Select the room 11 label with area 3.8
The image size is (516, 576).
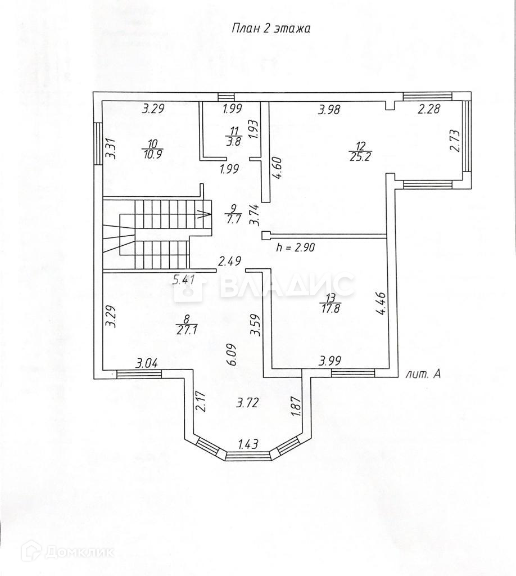(233, 137)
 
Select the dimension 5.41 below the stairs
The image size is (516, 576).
(184, 278)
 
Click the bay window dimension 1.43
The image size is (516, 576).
(248, 444)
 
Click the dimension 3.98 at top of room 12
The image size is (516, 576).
(329, 110)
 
